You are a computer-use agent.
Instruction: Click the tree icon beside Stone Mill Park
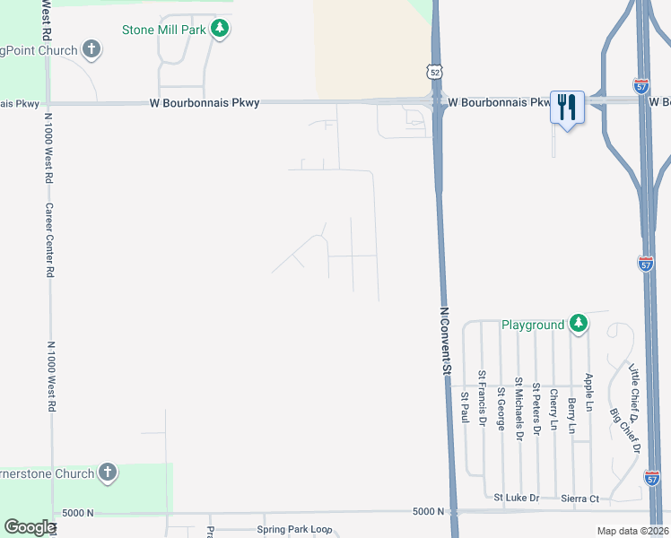[220, 30]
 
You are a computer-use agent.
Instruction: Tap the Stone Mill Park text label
[165, 30]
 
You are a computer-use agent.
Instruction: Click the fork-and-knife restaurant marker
[567, 108]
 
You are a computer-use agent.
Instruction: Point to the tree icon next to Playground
[579, 324]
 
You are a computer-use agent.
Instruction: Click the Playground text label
[533, 325]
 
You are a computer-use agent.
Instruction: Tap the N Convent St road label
[444, 342]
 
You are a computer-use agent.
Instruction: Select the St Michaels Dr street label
[518, 407]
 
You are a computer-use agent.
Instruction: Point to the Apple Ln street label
[589, 394]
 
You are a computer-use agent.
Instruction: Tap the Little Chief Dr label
[632, 394]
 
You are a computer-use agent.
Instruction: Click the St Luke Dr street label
[517, 498]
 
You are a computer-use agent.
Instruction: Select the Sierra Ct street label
[580, 499]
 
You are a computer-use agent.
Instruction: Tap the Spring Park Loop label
[294, 530]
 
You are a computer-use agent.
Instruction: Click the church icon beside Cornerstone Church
[108, 472]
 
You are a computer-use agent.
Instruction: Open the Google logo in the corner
[30, 527]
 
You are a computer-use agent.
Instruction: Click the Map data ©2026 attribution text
[632, 531]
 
